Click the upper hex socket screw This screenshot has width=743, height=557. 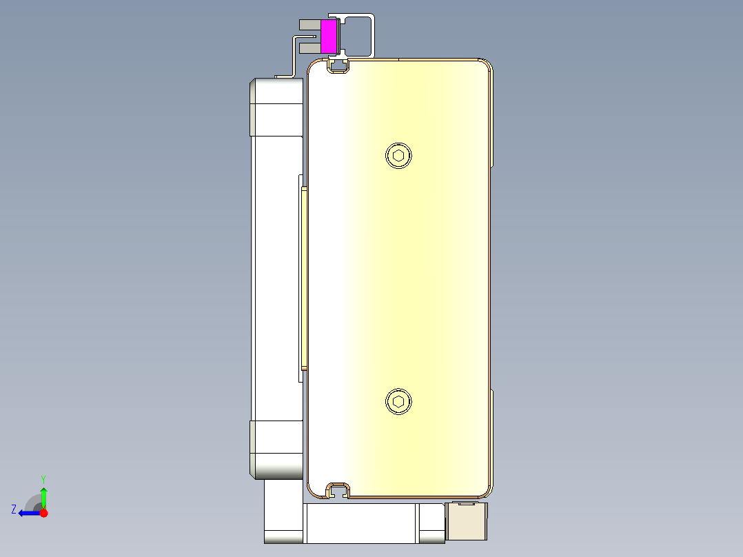[398, 155]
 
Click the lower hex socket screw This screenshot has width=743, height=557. [398, 402]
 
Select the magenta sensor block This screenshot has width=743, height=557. [329, 37]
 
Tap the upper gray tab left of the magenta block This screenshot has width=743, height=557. [309, 24]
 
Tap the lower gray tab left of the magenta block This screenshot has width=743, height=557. [309, 48]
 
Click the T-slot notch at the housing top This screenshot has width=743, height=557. [338, 65]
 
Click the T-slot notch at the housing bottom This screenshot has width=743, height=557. [338, 491]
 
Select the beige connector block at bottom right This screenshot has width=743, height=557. [467, 521]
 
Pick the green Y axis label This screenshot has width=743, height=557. [43, 478]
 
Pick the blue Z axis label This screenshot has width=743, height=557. [13, 509]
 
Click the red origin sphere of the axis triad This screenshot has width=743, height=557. [43, 513]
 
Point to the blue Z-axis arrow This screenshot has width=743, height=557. [28, 513]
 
